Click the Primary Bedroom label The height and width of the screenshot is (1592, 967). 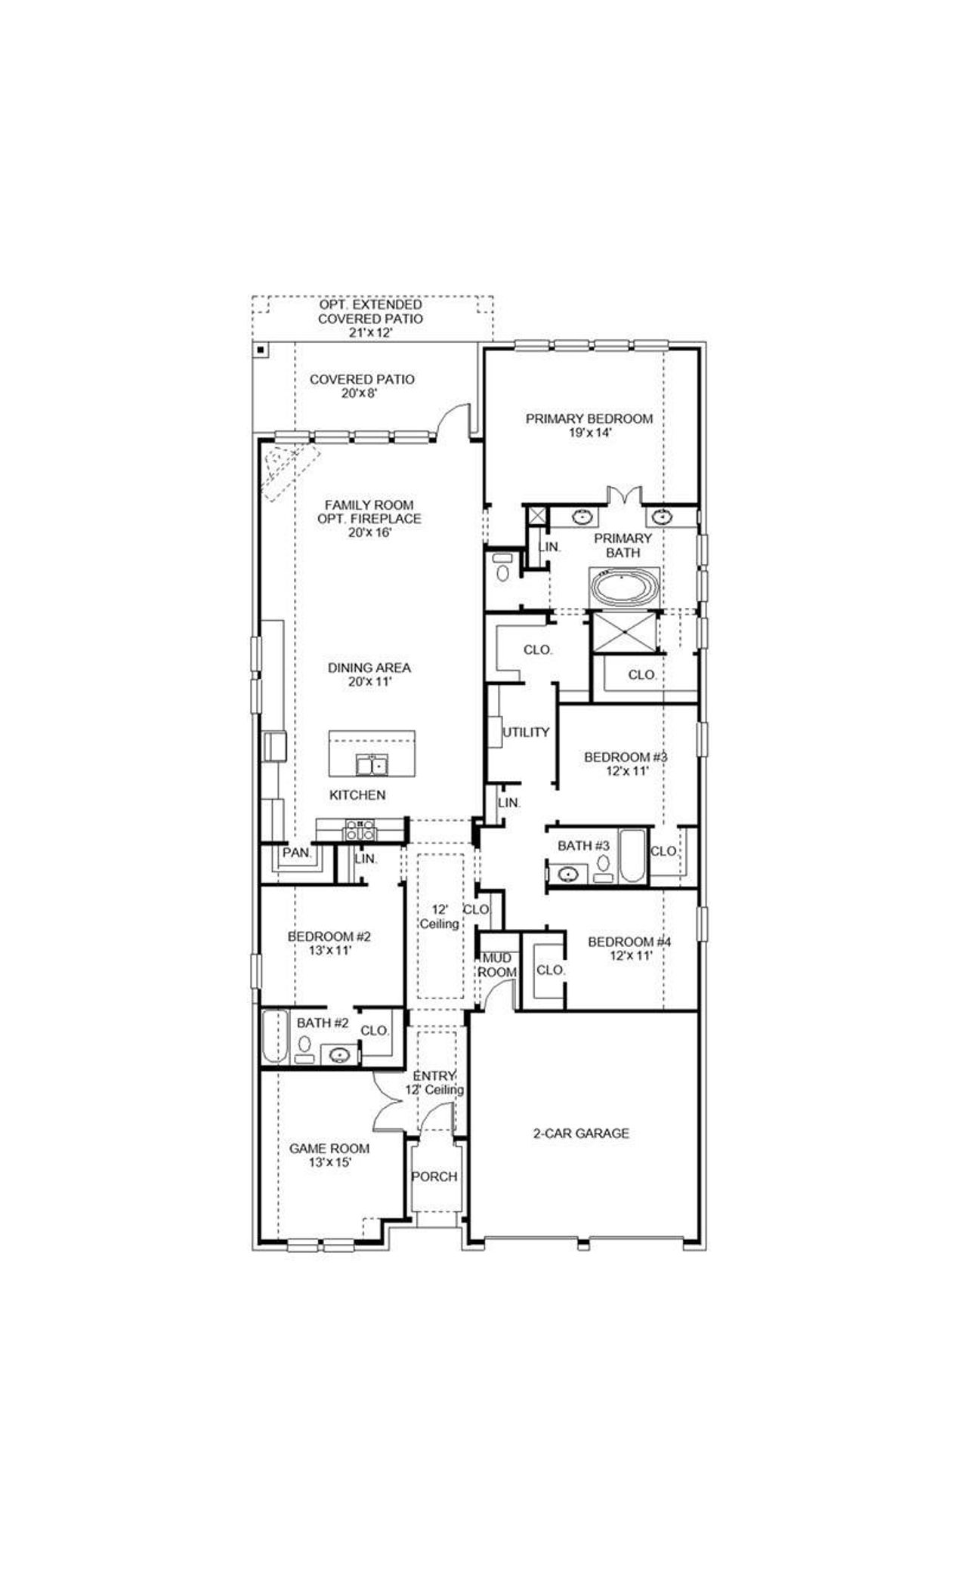[x=589, y=418]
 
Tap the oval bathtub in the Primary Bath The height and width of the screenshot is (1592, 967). [x=624, y=586]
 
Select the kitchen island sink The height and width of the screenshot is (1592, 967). [x=371, y=765]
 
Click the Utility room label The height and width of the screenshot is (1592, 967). [x=526, y=732]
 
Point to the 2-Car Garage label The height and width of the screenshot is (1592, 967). [x=581, y=1133]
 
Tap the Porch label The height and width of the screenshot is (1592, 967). [x=434, y=1176]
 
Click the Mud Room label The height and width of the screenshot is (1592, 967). [x=497, y=965]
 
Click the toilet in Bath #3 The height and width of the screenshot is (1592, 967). [x=603, y=864]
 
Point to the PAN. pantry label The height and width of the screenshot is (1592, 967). [x=297, y=852]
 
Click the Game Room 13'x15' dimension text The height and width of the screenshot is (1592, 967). [x=329, y=1163]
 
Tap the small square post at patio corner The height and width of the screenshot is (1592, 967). [x=259, y=350]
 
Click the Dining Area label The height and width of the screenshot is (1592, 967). [x=369, y=668]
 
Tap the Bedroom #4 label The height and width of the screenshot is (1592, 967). [x=630, y=942]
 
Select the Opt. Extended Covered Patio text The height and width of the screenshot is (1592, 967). [x=370, y=311]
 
